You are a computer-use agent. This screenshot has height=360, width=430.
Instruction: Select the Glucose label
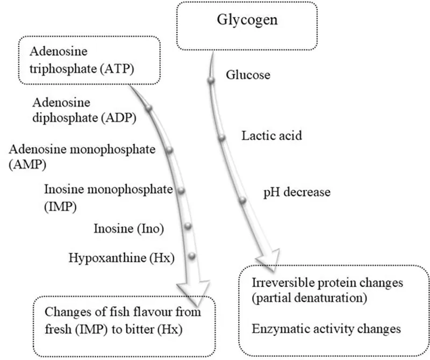pos(248,75)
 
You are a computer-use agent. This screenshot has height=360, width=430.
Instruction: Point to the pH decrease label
pos(296,192)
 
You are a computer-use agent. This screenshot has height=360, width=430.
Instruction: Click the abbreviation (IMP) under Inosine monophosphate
pos(58,205)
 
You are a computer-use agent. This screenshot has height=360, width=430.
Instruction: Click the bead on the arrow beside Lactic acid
pos(221,139)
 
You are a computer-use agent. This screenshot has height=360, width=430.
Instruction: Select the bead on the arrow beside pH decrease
pos(242,201)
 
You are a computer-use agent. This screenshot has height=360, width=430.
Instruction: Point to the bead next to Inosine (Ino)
pos(188,226)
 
